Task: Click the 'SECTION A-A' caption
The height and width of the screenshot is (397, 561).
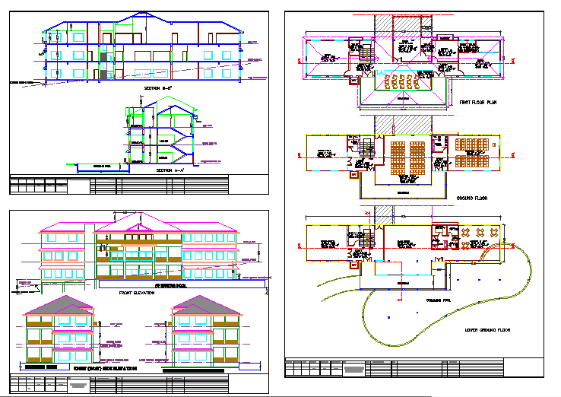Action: (170, 170)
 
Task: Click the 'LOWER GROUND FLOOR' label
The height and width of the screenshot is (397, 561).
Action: (487, 330)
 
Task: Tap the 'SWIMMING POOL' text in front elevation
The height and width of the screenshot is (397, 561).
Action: (171, 286)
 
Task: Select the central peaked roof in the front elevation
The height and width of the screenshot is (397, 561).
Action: (138, 223)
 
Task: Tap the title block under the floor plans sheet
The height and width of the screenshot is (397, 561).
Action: (414, 367)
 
